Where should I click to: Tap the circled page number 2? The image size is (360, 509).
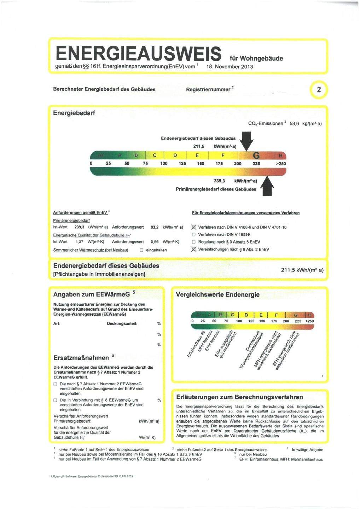point(319,90)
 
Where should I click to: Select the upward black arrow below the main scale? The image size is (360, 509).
point(268,185)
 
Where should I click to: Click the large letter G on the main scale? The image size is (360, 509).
point(256,156)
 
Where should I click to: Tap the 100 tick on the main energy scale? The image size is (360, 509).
point(164,164)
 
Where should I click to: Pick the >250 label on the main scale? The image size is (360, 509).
point(281,164)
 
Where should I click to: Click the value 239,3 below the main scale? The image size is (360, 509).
point(220,180)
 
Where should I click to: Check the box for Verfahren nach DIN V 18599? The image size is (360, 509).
point(193,235)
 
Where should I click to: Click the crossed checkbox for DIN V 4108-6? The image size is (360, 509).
point(193,227)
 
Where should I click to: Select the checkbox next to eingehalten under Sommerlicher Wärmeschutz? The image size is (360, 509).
point(141,250)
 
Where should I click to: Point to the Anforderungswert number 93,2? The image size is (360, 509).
point(154,227)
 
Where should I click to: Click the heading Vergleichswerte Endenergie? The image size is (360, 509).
point(217,294)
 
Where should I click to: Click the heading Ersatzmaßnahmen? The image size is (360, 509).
point(81,357)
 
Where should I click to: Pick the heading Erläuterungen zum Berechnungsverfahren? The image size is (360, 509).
point(239,397)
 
